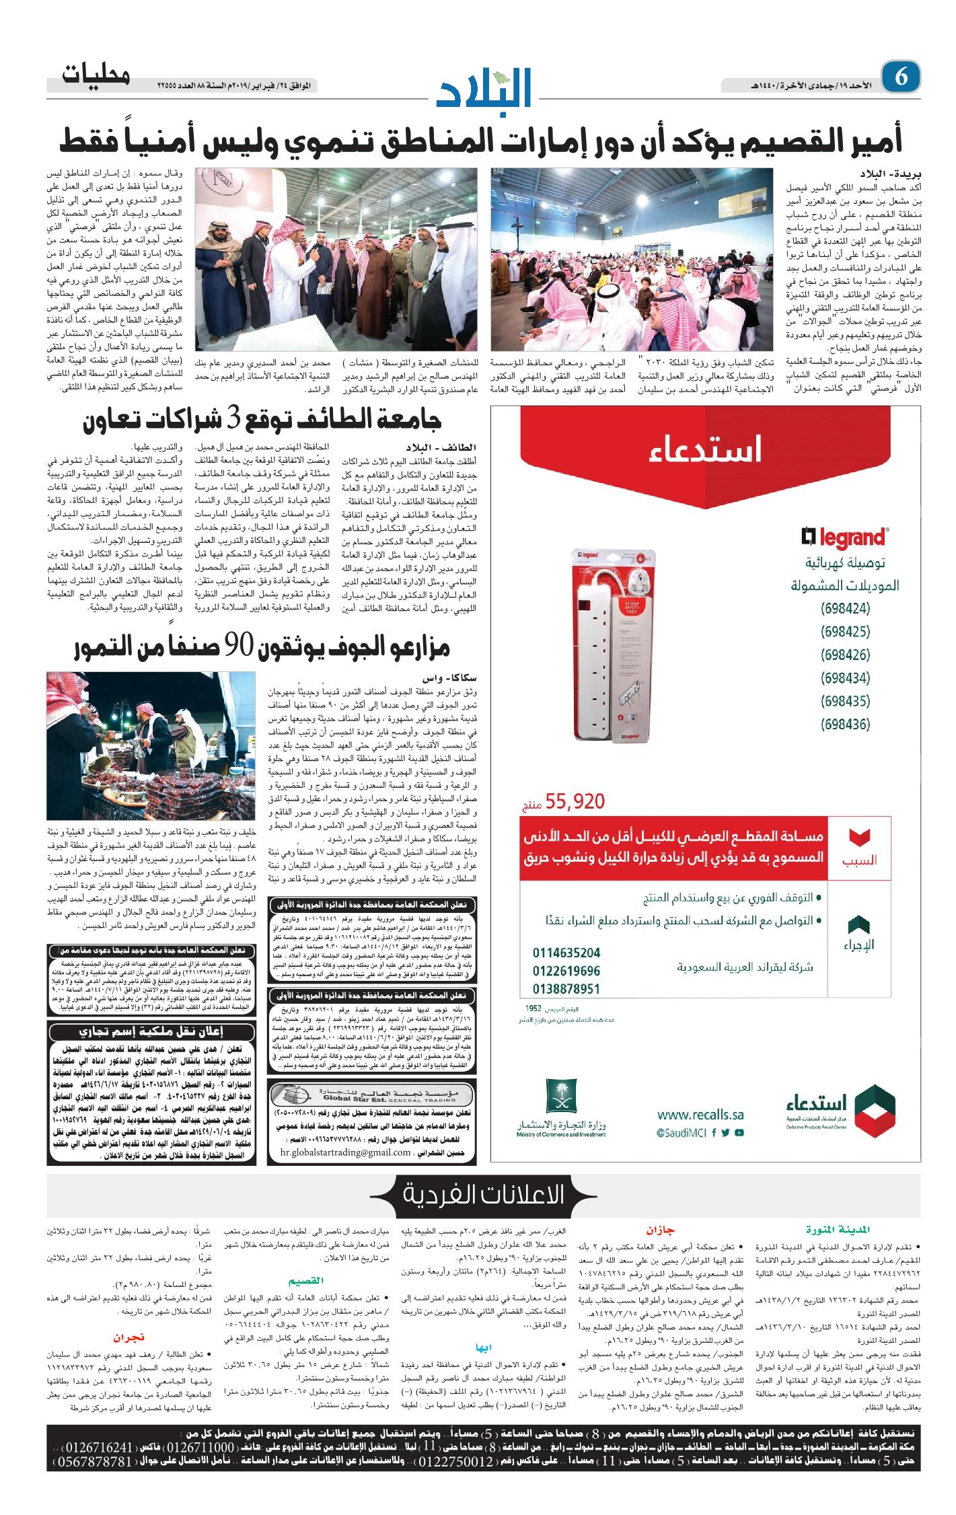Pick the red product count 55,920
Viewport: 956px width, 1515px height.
click(x=575, y=801)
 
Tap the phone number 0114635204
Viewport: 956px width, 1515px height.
click(x=566, y=953)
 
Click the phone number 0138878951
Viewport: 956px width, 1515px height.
click(x=566, y=989)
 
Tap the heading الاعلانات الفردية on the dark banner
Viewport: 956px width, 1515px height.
click(x=483, y=1194)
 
